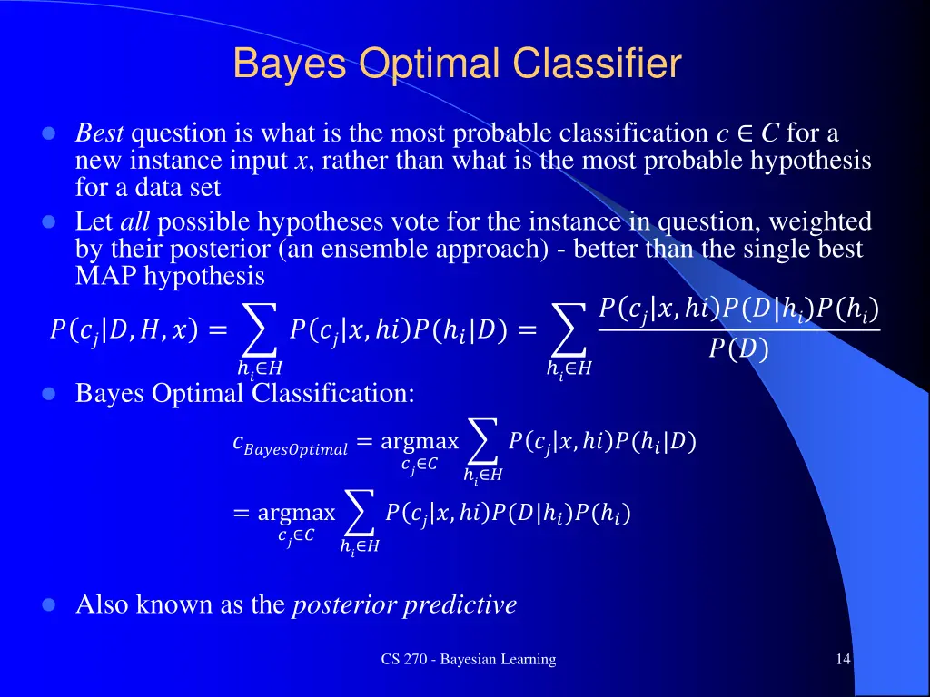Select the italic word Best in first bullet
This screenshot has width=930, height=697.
click(x=99, y=133)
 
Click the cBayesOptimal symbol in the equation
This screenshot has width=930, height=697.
click(x=290, y=445)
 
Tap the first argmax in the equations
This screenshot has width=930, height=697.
click(x=420, y=442)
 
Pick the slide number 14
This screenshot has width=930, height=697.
click(x=843, y=660)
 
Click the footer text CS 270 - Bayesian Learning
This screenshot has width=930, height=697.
click(x=468, y=660)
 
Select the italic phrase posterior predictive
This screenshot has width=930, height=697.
click(x=404, y=604)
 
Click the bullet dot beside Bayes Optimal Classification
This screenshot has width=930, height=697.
click(x=50, y=394)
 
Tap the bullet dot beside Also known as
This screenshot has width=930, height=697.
click(x=50, y=604)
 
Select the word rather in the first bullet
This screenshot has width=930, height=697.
click(x=346, y=161)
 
